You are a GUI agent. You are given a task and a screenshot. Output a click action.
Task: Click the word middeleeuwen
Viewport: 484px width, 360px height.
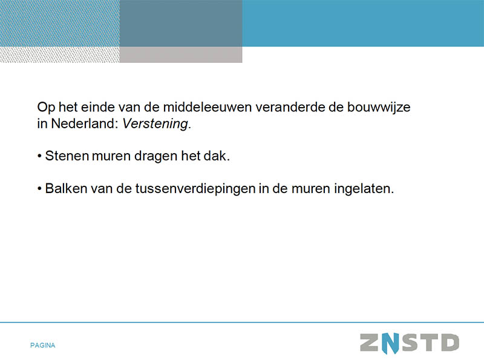(208, 107)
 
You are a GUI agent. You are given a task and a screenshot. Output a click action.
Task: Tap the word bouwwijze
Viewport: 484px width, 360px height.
(379, 108)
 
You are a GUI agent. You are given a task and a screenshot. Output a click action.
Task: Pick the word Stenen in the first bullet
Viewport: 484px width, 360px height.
(67, 156)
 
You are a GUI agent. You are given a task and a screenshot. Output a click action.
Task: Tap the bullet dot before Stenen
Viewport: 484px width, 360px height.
(39, 156)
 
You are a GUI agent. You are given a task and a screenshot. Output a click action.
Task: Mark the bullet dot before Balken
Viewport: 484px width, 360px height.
(39, 189)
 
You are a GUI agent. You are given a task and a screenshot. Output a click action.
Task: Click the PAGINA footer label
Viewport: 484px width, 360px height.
(42, 345)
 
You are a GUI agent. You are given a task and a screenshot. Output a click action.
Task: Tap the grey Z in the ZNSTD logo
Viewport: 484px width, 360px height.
(370, 342)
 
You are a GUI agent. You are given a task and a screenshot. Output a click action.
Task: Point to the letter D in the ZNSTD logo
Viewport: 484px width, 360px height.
(450, 342)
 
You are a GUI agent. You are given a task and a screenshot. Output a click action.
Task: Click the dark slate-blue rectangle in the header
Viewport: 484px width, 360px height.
(181, 23)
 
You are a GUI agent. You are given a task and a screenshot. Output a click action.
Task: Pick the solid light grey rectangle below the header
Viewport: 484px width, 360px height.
(181, 54)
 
